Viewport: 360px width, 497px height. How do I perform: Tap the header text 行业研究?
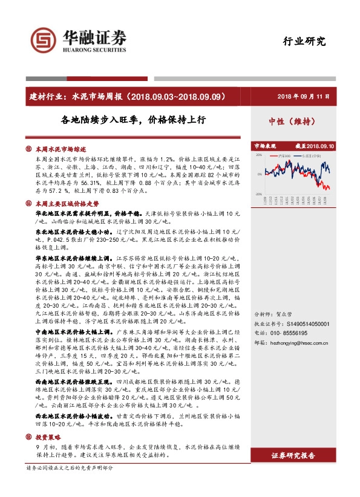click(304, 42)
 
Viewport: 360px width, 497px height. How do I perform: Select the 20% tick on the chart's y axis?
click(258, 155)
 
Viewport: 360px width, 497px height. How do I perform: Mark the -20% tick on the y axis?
click(258, 194)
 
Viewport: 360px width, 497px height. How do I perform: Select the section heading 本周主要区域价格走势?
click(67, 204)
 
